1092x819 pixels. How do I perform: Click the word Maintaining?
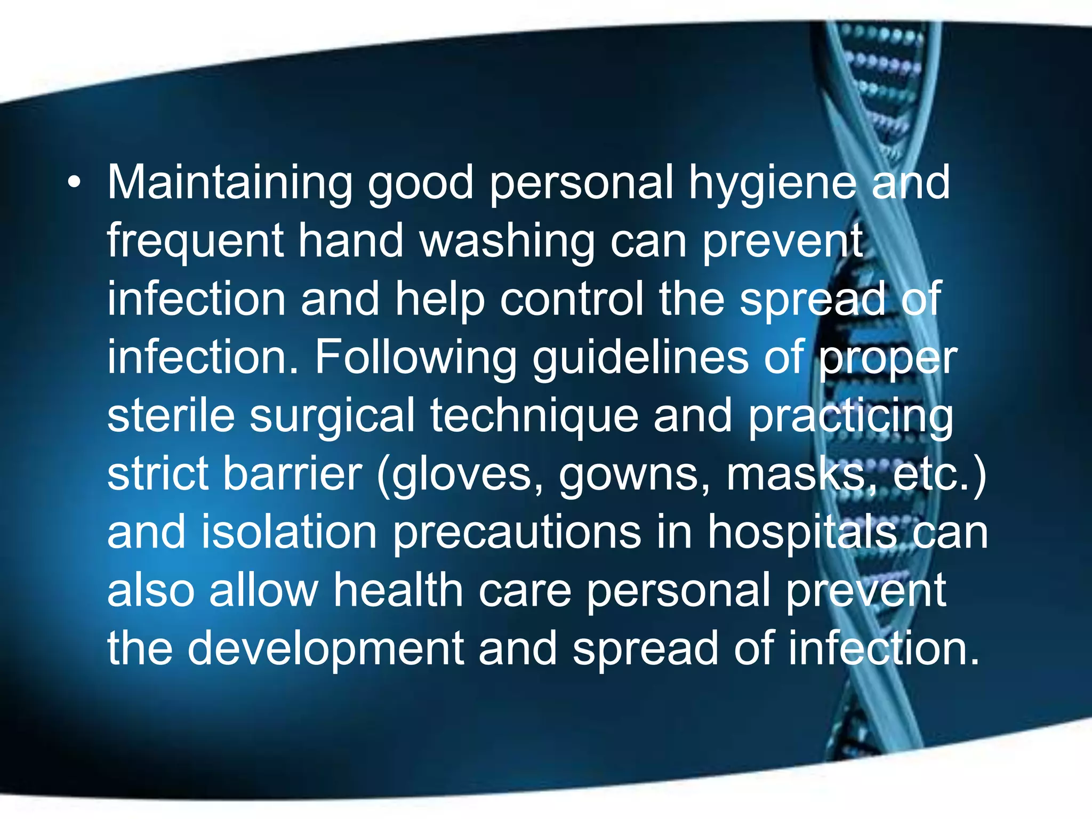click(230, 183)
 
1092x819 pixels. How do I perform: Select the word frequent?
click(195, 242)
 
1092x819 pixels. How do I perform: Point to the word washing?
click(507, 242)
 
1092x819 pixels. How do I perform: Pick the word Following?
click(415, 358)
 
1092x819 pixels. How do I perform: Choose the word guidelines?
click(640, 358)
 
